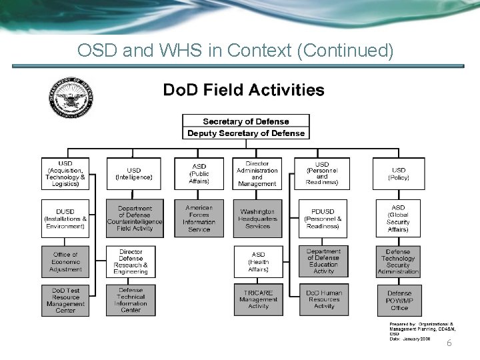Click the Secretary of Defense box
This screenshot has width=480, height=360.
(x=246, y=121)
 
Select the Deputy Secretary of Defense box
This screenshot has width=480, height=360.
(x=246, y=133)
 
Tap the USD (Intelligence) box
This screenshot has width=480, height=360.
(x=134, y=173)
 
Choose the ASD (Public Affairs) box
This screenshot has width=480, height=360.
(x=199, y=173)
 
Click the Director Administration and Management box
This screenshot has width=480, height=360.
(x=257, y=173)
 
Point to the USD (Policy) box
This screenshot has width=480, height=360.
(x=399, y=173)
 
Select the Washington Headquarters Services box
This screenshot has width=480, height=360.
(x=257, y=218)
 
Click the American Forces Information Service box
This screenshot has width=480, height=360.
(x=199, y=218)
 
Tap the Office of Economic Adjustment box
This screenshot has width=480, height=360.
(x=65, y=261)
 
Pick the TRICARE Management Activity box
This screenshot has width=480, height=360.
(x=258, y=298)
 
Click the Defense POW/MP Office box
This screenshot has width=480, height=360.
(x=399, y=299)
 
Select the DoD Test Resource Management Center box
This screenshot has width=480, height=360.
(x=65, y=299)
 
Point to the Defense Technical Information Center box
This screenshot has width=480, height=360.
(x=131, y=299)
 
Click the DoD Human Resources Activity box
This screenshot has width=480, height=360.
(x=323, y=298)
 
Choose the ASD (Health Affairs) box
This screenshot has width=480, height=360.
(x=258, y=261)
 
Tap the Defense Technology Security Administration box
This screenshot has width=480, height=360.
(x=399, y=261)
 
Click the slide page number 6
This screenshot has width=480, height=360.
(x=449, y=343)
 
